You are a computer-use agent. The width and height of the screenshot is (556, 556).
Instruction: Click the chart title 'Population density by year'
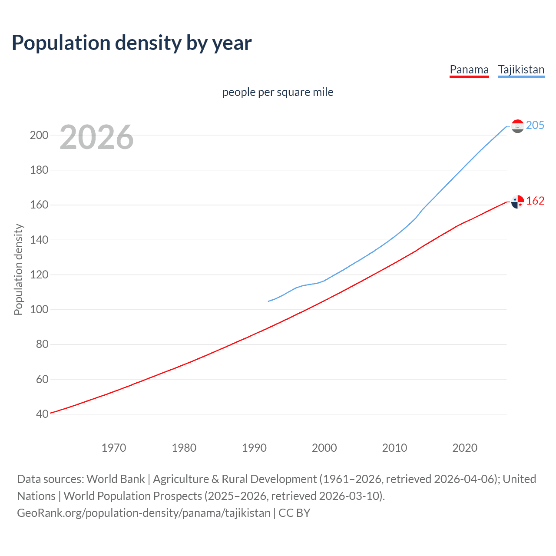[132, 43]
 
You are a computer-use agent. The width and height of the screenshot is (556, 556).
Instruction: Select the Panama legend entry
[469, 69]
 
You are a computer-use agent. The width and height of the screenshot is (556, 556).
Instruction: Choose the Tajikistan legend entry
[521, 69]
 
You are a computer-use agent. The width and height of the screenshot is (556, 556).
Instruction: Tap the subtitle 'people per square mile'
[278, 92]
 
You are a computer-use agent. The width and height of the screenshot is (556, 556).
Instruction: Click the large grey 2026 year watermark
[96, 137]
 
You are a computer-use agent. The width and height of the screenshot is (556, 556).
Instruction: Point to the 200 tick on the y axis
[39, 135]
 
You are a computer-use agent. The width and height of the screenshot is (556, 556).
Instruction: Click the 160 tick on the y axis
[39, 205]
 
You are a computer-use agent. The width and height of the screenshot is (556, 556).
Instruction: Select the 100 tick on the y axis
[39, 310]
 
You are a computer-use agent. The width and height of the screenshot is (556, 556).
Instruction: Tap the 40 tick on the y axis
[42, 414]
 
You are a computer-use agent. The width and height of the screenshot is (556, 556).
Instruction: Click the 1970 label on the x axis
[114, 448]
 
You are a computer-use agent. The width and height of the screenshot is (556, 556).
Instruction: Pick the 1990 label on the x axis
[254, 448]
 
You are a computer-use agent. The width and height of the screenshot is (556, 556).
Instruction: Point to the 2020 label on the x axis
[465, 448]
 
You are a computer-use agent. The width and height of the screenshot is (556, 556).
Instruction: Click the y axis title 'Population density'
[18, 269]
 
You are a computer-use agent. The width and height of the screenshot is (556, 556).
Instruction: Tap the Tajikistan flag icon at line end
[517, 126]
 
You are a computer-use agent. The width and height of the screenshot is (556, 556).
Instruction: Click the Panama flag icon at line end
[517, 202]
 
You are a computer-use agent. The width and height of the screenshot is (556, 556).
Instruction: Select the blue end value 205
[535, 125]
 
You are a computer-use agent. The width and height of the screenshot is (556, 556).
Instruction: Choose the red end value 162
[535, 201]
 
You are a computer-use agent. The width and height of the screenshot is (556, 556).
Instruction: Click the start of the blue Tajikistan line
[269, 301]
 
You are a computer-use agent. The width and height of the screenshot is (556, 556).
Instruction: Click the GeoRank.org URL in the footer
[144, 513]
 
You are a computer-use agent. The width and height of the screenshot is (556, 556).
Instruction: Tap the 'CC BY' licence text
[295, 513]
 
